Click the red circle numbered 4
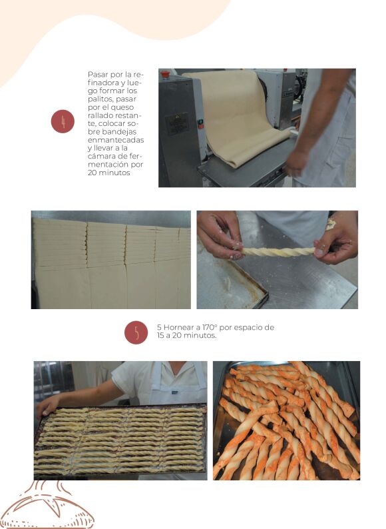point(63,121)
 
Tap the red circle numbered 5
point(136,332)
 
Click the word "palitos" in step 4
point(100,99)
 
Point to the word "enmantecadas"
point(116,140)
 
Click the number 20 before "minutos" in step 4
point(92,173)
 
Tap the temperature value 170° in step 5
point(210,327)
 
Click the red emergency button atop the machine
point(165,74)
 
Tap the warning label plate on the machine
point(177,123)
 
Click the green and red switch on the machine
point(200,124)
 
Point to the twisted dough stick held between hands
point(278,251)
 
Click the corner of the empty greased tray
point(268,297)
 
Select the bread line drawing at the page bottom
point(47,506)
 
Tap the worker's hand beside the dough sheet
point(297,163)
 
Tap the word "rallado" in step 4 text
point(98,115)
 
